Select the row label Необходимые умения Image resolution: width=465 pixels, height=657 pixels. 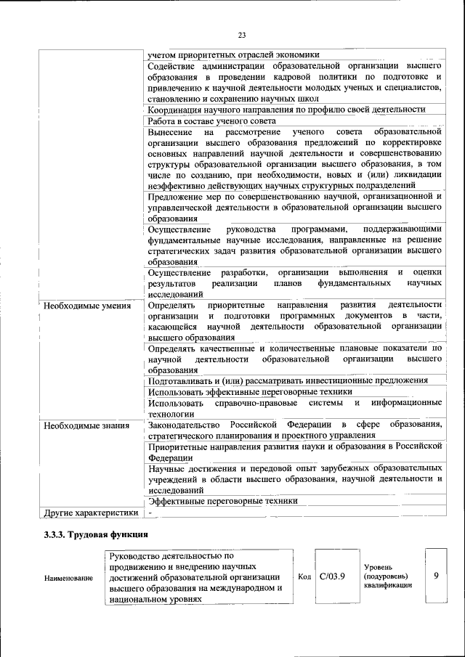[87, 306]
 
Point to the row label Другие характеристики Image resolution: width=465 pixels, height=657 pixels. [90, 513]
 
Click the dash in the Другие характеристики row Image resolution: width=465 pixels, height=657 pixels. [150, 513]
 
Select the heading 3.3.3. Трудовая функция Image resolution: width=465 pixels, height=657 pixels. [90, 535]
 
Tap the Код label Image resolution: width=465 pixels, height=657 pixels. [305, 576]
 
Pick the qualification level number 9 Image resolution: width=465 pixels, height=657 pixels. [436, 576]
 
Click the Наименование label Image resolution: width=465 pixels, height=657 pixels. [69, 578]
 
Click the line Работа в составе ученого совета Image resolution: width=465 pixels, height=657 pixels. [211, 121]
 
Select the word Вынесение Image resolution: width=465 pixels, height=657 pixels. [169, 133]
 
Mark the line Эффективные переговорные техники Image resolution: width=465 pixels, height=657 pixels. [222, 501]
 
